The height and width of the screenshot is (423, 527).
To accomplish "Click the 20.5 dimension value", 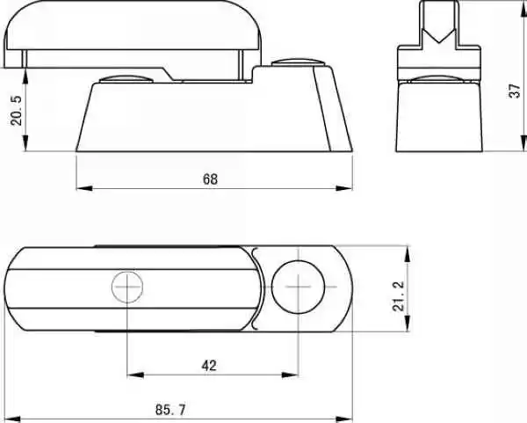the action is (16, 111).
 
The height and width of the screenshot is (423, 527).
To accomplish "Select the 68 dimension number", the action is (211, 179).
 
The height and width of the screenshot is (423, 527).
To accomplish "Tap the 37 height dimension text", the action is (515, 91).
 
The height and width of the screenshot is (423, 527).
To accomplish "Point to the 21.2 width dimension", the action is (399, 296).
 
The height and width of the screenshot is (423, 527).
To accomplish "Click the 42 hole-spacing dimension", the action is (209, 366).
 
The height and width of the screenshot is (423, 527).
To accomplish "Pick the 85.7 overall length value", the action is (170, 410).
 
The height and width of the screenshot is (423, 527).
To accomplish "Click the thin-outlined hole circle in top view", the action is (127, 287).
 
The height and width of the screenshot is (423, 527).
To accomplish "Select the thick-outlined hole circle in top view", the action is (298, 287).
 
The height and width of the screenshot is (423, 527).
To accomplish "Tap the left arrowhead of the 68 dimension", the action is (84, 188).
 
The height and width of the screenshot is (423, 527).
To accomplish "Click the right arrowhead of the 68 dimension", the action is (344, 188).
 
